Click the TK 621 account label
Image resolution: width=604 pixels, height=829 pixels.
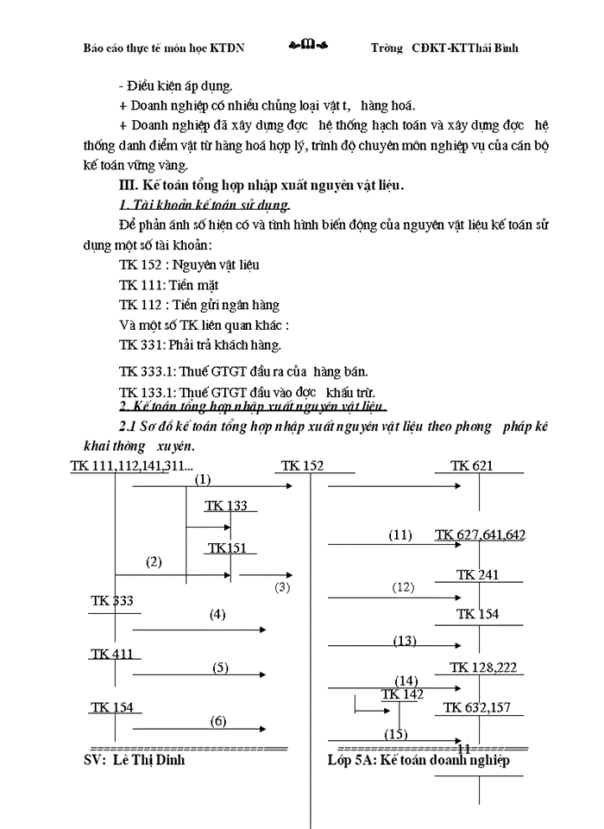(x=471, y=466)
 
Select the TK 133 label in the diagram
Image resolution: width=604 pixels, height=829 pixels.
(x=226, y=505)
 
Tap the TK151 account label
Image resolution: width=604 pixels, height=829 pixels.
(x=226, y=548)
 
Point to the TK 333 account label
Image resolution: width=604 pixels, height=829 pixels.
(x=112, y=601)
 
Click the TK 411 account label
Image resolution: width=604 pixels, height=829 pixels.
(x=112, y=654)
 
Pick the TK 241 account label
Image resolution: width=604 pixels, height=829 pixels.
(x=477, y=574)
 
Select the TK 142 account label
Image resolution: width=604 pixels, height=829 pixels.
(x=402, y=694)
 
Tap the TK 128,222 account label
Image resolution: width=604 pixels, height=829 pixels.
(x=486, y=667)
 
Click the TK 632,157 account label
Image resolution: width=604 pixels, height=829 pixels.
(x=477, y=708)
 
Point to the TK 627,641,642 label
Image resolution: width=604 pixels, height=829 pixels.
(x=481, y=535)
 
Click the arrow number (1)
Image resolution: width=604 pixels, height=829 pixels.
(x=203, y=479)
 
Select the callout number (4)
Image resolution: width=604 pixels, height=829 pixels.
(x=217, y=615)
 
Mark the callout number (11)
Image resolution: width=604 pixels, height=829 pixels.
(x=400, y=535)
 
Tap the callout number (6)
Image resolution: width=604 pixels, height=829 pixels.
(x=218, y=720)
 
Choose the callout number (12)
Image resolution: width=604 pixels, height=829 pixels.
(x=403, y=587)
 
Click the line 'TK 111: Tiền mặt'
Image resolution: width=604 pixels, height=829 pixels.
(x=168, y=285)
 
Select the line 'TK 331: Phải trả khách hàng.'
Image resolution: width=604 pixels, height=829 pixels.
(x=200, y=345)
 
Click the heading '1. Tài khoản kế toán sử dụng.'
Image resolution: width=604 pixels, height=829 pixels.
(x=204, y=205)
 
